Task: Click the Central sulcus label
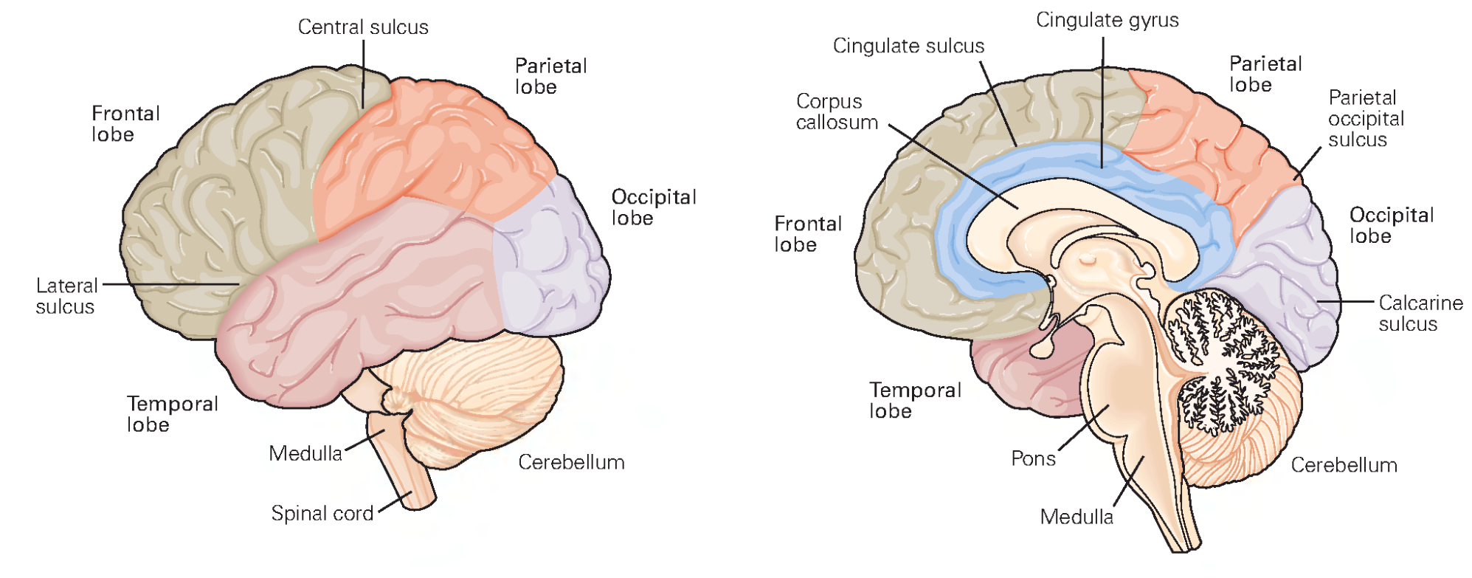click(x=362, y=27)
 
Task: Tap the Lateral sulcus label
click(x=66, y=296)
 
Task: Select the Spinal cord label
click(x=322, y=514)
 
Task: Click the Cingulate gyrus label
click(x=1107, y=20)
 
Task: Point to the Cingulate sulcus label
click(x=908, y=46)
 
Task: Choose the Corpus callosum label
click(x=836, y=112)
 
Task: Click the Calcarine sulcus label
click(x=1420, y=314)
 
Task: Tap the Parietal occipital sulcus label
click(x=1366, y=119)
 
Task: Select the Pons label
click(x=1033, y=459)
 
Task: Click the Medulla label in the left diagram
click(x=305, y=453)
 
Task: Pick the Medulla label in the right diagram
click(x=1076, y=517)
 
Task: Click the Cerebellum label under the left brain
click(x=571, y=463)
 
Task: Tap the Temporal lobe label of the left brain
click(x=172, y=414)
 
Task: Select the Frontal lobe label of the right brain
click(x=807, y=234)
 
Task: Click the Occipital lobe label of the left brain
click(x=653, y=207)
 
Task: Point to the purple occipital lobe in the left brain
click(x=550, y=258)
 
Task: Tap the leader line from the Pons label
click(x=1083, y=428)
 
